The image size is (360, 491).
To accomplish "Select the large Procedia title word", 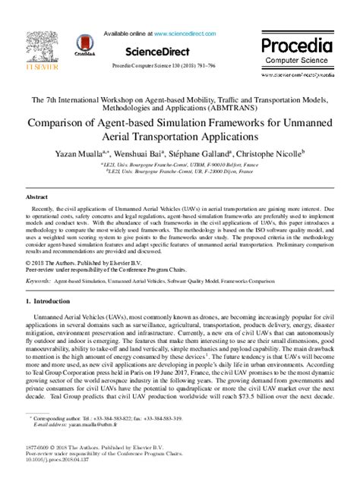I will tap(297, 45).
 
